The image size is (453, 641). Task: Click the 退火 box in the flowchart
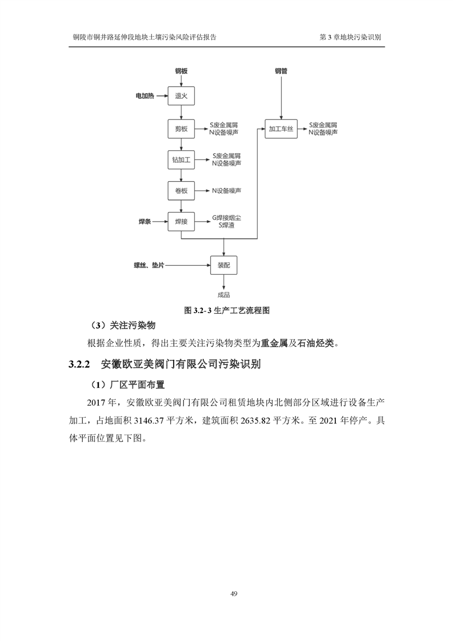tap(181, 97)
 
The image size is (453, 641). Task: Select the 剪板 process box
tap(181, 129)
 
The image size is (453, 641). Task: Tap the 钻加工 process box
tap(181, 159)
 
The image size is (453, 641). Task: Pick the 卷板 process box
tap(181, 190)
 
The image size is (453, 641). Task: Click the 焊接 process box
tap(181, 221)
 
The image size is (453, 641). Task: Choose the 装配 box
tap(223, 265)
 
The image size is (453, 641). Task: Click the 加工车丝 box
tap(280, 129)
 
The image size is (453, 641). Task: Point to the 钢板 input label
tap(181, 71)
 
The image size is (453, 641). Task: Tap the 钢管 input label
tap(280, 71)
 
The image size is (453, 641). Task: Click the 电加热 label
tap(144, 97)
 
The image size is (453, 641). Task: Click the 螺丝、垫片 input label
tap(150, 265)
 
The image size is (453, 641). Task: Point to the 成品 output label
tap(223, 295)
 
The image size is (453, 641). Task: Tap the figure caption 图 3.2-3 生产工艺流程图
tap(226, 311)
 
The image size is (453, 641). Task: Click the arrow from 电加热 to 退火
tap(161, 97)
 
